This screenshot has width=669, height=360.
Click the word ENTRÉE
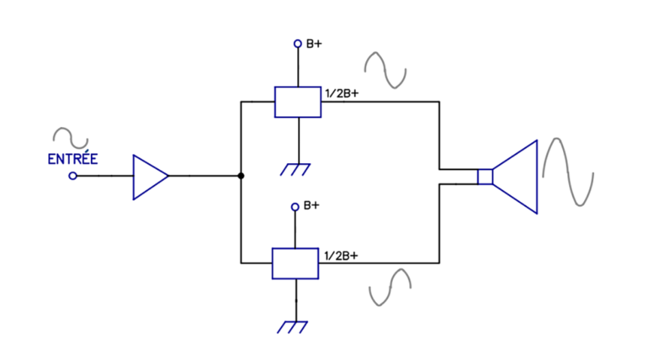72,159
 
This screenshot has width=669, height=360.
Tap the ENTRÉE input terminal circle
73,176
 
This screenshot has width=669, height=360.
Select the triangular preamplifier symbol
150,177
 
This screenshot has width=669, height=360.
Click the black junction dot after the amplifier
241,176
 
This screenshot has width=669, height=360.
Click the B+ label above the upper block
314,44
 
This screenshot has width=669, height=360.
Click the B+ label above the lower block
311,205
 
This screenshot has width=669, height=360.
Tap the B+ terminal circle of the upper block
298,44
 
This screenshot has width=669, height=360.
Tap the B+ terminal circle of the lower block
295,207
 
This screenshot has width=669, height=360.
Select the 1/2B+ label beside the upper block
342,93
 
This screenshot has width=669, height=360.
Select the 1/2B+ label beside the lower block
341,256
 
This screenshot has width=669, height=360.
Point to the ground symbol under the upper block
295,169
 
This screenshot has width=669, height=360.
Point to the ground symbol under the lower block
292,327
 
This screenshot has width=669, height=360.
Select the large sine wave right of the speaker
568,172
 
